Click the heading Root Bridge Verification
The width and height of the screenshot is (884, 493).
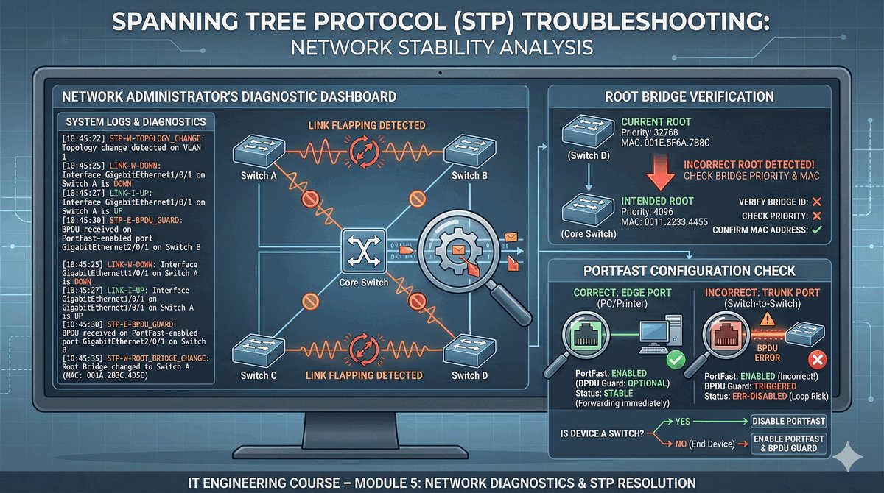(x=689, y=96)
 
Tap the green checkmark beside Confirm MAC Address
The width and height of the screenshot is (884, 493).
(x=816, y=230)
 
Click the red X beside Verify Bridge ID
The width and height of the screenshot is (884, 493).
(x=816, y=202)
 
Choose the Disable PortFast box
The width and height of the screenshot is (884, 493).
(x=788, y=422)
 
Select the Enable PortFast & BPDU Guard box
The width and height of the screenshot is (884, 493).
(x=788, y=443)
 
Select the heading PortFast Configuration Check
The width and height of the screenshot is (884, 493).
(x=689, y=272)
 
